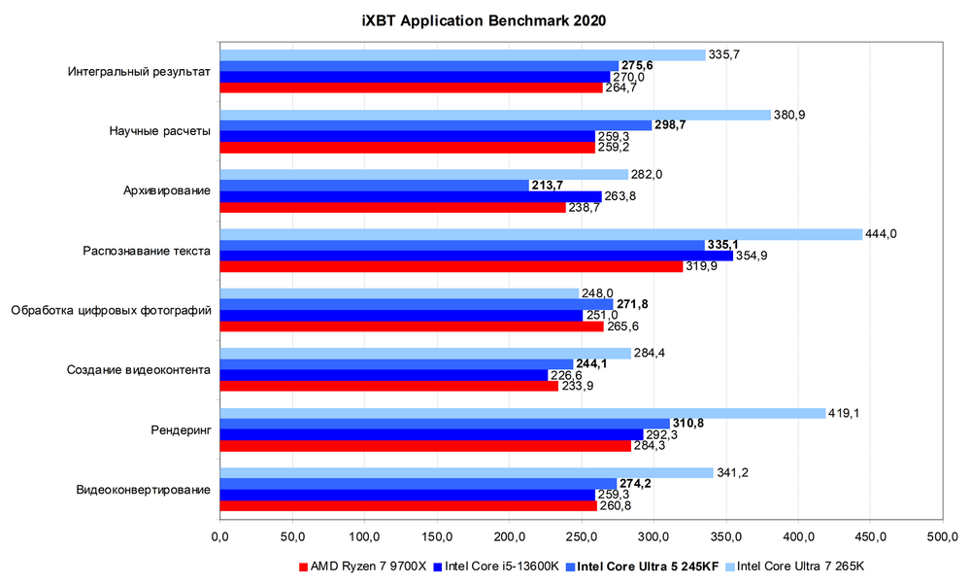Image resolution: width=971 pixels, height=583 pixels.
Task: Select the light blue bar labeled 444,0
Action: coord(541,234)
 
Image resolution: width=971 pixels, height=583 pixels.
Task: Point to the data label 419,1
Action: coord(844,413)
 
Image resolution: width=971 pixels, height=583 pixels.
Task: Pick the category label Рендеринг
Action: coord(181,429)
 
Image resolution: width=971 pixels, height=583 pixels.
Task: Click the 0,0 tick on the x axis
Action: coord(219,535)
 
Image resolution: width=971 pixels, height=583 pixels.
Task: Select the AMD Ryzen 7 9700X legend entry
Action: coord(362,566)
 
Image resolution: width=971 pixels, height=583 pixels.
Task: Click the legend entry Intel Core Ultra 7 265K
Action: coord(794,566)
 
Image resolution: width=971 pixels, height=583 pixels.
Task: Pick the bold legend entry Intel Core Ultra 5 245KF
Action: coord(640,566)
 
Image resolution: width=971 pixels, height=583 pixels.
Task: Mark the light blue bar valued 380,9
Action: coord(495,115)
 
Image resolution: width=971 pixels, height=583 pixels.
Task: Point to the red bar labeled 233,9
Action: coord(388,386)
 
